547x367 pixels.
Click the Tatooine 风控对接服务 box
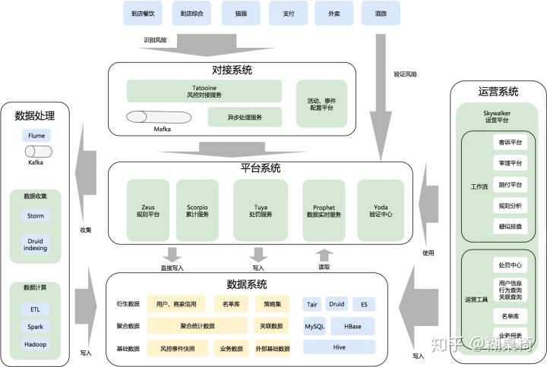tap(203, 91)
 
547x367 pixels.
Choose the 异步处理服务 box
tap(245, 118)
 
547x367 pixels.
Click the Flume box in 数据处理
tap(36, 136)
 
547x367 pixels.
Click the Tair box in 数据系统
tap(312, 304)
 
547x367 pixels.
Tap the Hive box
tap(339, 347)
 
